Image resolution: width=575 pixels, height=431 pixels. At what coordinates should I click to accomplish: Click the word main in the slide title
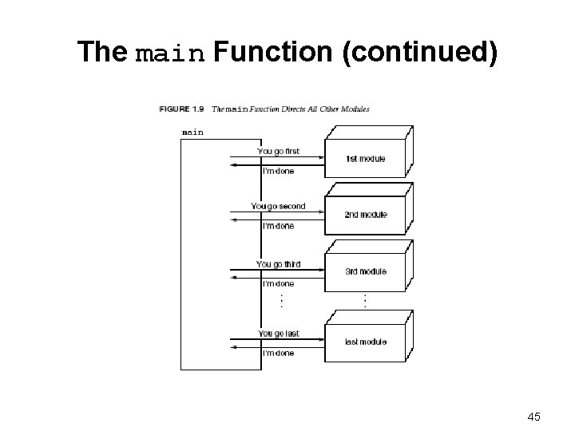click(x=170, y=53)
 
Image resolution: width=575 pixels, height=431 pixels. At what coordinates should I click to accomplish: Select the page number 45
click(x=533, y=416)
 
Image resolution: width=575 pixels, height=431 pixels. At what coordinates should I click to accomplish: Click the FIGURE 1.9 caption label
click(x=183, y=109)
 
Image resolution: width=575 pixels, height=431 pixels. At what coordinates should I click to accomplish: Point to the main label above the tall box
click(x=192, y=132)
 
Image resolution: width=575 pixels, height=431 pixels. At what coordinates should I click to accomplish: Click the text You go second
click(x=278, y=206)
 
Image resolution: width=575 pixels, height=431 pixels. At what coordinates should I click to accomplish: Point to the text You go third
click(x=279, y=263)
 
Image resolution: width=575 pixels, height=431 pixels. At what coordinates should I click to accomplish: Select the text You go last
click(x=279, y=333)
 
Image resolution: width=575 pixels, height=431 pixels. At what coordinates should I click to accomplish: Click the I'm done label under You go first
click(x=279, y=171)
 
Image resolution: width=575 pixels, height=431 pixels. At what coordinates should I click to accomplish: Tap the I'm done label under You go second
click(x=279, y=226)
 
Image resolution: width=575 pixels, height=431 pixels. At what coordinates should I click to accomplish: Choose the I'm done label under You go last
click(x=279, y=353)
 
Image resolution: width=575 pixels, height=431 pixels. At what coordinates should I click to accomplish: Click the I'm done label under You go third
click(x=279, y=283)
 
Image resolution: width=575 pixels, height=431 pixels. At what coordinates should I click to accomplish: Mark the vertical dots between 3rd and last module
click(x=365, y=301)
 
